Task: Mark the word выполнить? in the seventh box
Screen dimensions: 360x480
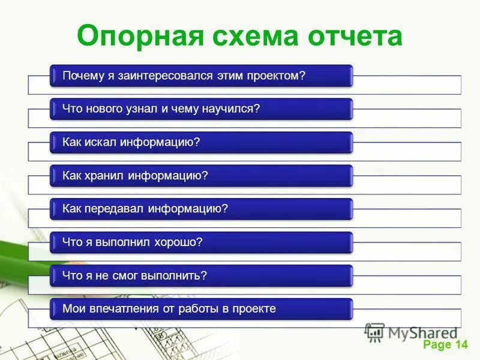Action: click(x=174, y=275)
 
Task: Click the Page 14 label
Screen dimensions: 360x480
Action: click(x=445, y=344)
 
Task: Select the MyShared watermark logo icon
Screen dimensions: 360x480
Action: click(x=374, y=332)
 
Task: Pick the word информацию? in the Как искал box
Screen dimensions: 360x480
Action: click(x=160, y=142)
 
